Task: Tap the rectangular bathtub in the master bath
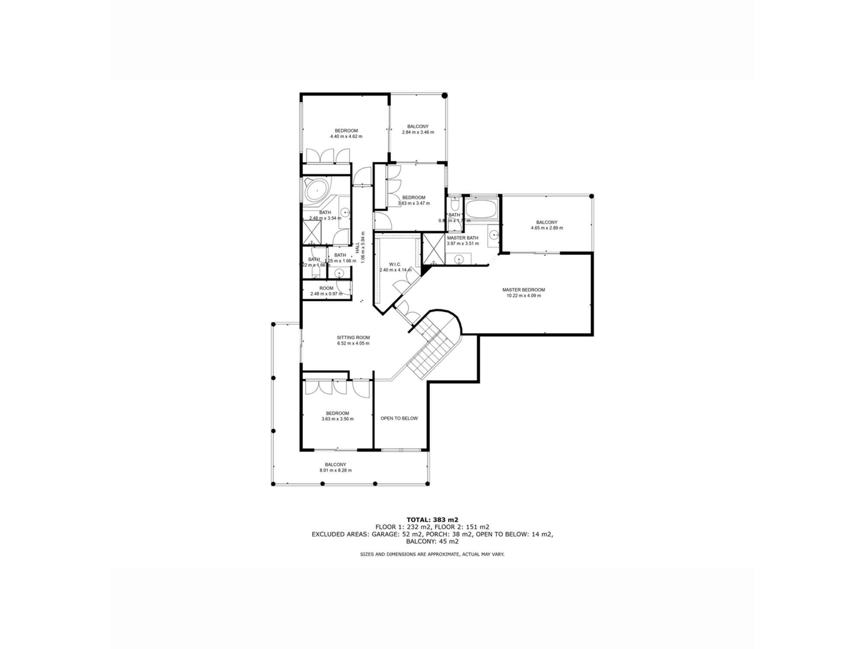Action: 481,209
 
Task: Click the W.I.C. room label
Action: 395,264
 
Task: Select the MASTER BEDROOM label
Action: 523,290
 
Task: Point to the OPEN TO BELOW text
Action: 399,418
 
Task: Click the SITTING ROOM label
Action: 353,337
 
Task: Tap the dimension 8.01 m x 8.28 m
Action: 335,470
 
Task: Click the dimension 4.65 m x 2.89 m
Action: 547,228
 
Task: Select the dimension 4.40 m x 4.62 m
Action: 346,136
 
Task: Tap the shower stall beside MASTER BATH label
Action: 433,249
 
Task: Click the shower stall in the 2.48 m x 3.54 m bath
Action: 312,232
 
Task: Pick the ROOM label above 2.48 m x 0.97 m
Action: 326,288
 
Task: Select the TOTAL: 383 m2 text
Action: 432,520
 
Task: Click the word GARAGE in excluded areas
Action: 383,534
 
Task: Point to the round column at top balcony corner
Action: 444,96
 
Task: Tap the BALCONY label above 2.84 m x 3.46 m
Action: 417,126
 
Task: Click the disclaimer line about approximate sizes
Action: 432,554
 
